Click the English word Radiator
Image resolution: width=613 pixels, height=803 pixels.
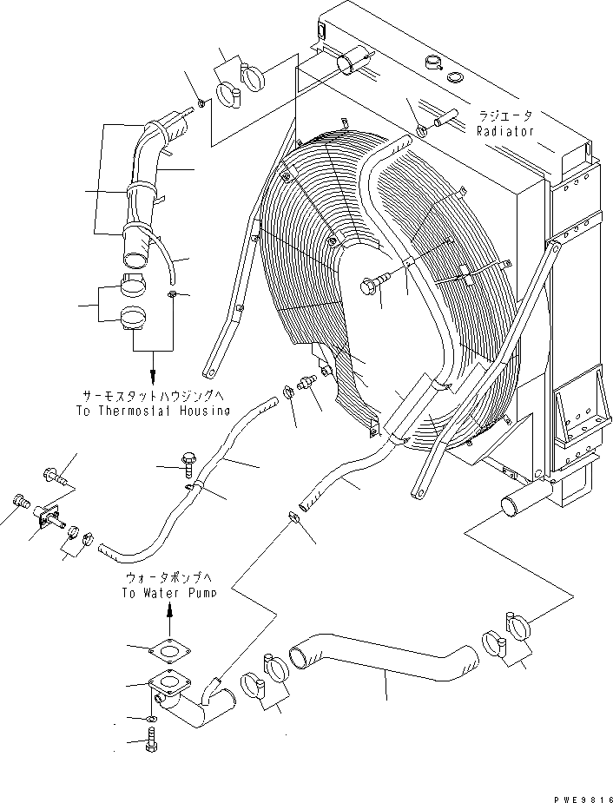click(504, 131)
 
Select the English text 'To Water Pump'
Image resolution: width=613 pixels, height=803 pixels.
click(169, 593)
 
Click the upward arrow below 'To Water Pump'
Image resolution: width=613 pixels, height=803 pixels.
click(169, 615)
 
